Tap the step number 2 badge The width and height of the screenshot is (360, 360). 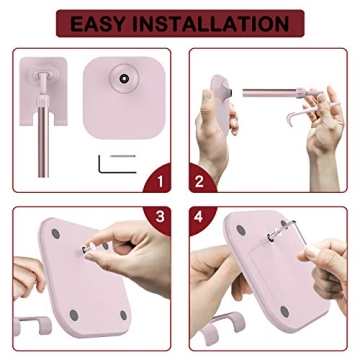click(199, 182)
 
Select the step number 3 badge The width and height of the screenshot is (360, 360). click(158, 215)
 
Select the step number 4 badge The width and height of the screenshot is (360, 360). click(199, 215)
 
